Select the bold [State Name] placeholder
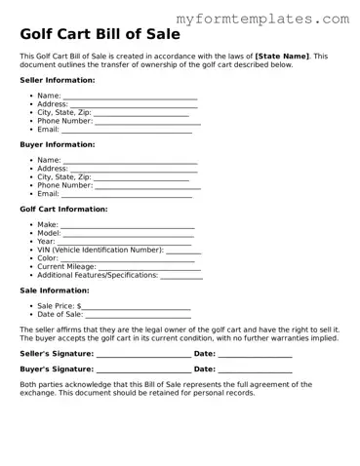pyautogui.click(x=282, y=57)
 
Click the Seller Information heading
pyautogui.click(x=58, y=80)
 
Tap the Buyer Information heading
pyautogui.click(x=57, y=144)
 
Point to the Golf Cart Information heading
pyautogui.click(x=63, y=209)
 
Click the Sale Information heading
pyautogui.click(x=55, y=291)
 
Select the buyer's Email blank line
pyautogui.click(x=127, y=195)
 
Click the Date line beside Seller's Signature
pyautogui.click(x=254, y=354)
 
